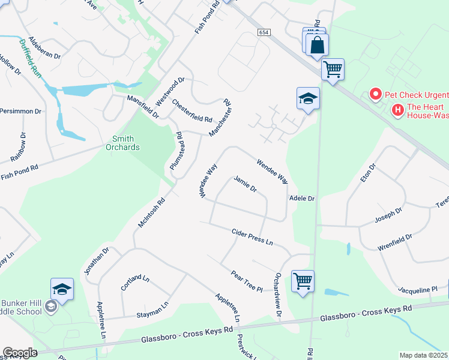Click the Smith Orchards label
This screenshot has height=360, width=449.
122,143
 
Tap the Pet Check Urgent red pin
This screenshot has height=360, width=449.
375,95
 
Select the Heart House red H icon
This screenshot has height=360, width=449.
397,109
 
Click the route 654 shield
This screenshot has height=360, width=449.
264,32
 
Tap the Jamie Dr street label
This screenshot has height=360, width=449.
245,184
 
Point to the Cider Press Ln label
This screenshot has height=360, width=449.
253,236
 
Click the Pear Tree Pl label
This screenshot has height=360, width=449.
247,280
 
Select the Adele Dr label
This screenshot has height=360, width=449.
302,197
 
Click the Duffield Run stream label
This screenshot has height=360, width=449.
32,56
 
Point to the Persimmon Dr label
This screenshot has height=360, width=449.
20,111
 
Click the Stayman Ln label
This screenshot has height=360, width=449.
152,310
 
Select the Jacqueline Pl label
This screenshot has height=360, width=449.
417,289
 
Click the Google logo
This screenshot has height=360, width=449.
20,353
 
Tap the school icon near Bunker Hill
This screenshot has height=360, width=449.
62,290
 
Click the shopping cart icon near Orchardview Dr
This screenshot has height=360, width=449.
303,280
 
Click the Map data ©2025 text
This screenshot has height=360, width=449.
423,355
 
